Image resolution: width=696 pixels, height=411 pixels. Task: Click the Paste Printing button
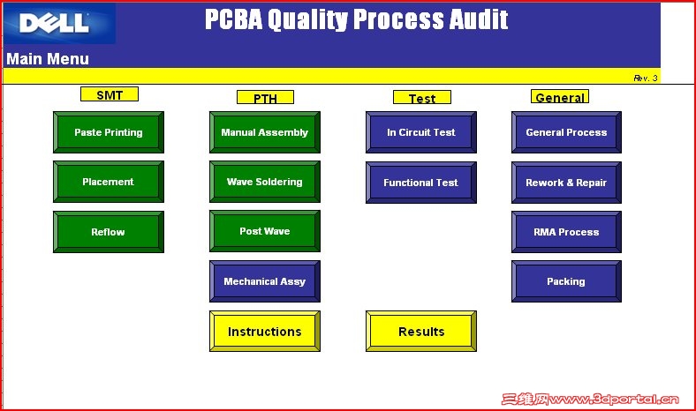(x=109, y=132)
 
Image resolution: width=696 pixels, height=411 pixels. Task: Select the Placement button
(x=109, y=182)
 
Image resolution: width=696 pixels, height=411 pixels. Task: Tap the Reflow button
(x=109, y=232)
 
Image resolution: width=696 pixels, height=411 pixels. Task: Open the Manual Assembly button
(x=265, y=132)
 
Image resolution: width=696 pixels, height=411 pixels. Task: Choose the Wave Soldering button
(x=265, y=182)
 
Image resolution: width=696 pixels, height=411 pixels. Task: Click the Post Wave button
(x=265, y=231)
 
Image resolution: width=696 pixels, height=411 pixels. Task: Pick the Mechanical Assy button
(x=265, y=281)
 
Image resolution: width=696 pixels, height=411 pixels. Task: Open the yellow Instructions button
(x=265, y=332)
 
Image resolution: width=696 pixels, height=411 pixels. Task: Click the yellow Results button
(x=421, y=332)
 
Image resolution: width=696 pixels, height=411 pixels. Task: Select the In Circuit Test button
(x=421, y=132)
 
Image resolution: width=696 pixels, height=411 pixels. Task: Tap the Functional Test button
(x=421, y=183)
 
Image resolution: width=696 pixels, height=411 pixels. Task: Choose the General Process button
(x=566, y=132)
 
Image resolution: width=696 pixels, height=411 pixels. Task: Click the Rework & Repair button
(x=566, y=183)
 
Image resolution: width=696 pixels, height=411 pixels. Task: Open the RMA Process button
(x=566, y=232)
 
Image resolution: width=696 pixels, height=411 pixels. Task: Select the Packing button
(x=566, y=281)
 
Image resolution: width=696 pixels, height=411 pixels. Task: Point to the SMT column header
(x=110, y=94)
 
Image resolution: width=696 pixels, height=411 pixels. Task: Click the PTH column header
(x=265, y=97)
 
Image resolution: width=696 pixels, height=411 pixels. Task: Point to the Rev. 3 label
(x=646, y=78)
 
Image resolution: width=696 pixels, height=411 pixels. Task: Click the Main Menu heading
(x=48, y=59)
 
